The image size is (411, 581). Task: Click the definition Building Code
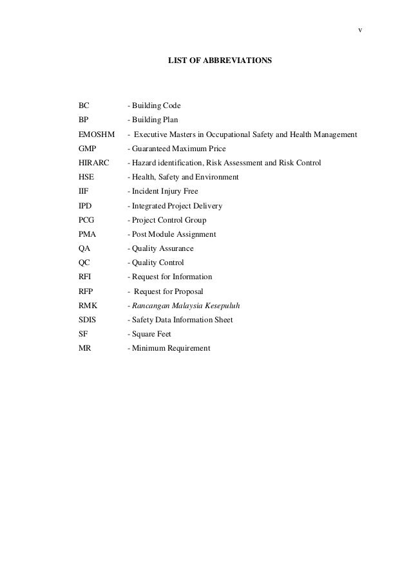[155, 106]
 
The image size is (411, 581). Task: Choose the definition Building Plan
[154, 120]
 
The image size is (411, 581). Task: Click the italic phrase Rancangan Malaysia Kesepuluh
[178, 305]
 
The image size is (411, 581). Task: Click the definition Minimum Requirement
[170, 348]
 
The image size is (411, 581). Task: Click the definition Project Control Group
[168, 220]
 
